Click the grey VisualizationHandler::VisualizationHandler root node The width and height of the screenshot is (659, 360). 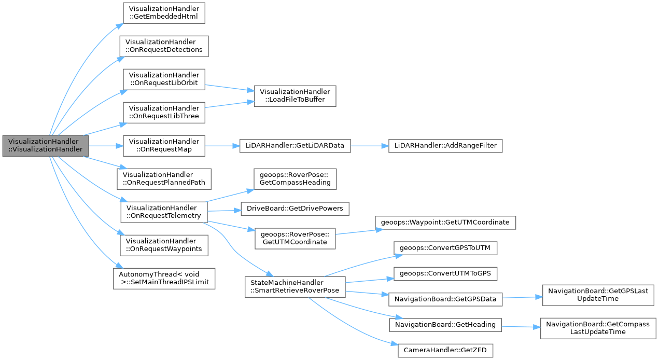click(45, 146)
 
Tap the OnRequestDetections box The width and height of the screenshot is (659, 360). click(164, 46)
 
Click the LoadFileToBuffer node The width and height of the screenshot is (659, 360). click(295, 96)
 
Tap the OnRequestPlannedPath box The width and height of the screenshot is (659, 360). click(164, 179)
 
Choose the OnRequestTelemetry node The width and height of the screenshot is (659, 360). click(164, 212)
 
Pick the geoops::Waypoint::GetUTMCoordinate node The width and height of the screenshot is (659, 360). click(445, 222)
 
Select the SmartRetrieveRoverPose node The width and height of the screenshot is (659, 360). click(295, 286)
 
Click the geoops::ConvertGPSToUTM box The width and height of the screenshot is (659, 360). click(445, 248)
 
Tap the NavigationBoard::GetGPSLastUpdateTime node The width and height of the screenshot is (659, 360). click(597, 295)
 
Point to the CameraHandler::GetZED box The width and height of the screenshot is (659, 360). click(445, 351)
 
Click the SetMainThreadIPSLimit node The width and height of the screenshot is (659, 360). click(164, 279)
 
